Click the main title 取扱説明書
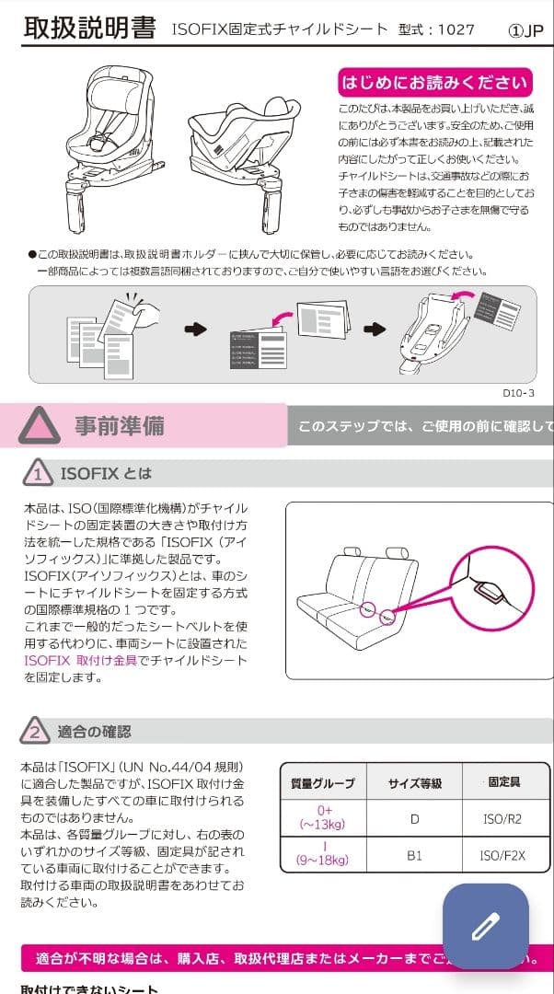[x=89, y=28]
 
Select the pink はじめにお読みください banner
[x=434, y=83]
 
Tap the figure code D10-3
[x=518, y=392]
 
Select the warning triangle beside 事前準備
[x=40, y=425]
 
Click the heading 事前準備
[x=120, y=426]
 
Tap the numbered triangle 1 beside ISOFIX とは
[x=37, y=474]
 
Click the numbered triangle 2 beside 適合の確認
[x=34, y=732]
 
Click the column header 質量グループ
[x=322, y=783]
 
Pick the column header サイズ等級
[x=414, y=783]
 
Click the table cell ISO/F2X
[x=502, y=855]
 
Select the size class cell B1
[x=414, y=855]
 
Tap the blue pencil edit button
[x=485, y=925]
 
